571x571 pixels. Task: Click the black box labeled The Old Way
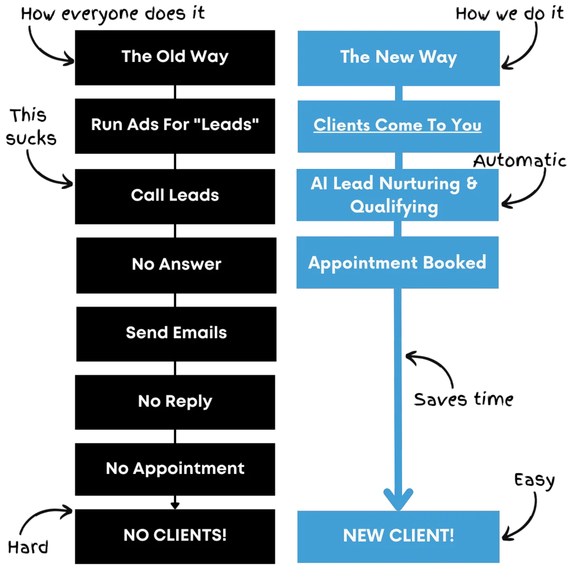pos(175,58)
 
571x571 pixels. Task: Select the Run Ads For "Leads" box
pos(175,126)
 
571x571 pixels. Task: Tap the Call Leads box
pos(175,197)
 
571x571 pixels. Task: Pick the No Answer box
pos(177,265)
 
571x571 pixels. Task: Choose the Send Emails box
pos(177,334)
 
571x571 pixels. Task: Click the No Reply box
pos(175,402)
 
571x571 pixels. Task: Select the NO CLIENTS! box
pos(175,536)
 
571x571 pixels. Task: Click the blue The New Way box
pos(399,59)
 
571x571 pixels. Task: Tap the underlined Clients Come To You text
pos(397,125)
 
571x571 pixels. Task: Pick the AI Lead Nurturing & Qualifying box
pos(397,195)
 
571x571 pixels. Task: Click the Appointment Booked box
pos(397,262)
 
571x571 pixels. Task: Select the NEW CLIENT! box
pos(399,537)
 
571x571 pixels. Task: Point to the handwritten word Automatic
pos(520,160)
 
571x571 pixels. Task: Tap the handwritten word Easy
pos(534,481)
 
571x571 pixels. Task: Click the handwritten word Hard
pos(28,547)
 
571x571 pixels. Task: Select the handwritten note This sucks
pos(31,127)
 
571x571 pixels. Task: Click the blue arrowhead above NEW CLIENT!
pos(398,499)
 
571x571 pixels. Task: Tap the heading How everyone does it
pos(113,14)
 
